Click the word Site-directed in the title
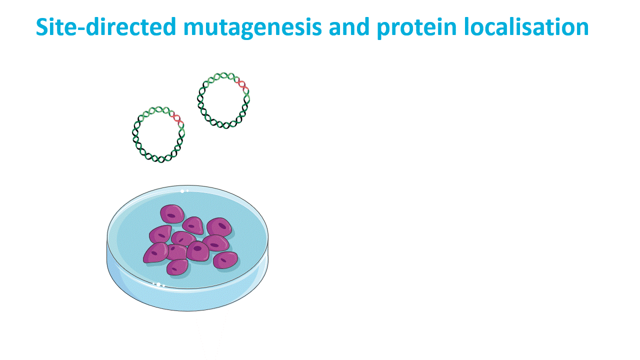click(106, 26)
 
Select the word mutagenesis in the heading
click(253, 27)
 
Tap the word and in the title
click(349, 26)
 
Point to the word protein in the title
click(416, 27)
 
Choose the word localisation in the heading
click(526, 26)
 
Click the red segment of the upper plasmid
click(241, 84)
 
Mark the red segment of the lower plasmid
click(176, 118)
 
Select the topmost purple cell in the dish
click(172, 214)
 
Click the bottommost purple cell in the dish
click(177, 267)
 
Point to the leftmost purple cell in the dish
click(156, 252)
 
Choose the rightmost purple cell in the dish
click(225, 260)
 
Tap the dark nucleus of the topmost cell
click(171, 215)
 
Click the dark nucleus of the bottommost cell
click(174, 269)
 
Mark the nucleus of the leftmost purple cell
click(154, 253)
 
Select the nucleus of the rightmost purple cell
click(223, 260)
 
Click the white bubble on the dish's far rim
click(182, 191)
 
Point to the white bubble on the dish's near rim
click(158, 284)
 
